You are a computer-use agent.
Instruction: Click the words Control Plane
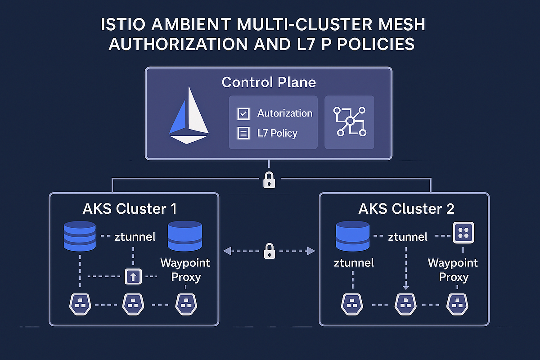269,82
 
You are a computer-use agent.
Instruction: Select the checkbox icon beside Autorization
243,114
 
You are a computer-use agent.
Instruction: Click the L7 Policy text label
277,133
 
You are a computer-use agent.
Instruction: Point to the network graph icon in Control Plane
349,121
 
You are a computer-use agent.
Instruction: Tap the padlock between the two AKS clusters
269,251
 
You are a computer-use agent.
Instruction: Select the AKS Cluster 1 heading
130,209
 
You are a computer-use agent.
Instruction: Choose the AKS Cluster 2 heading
406,209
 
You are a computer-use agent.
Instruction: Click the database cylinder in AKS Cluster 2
353,236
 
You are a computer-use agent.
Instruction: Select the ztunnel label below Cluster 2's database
354,263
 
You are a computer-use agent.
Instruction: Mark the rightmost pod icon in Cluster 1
185,304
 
